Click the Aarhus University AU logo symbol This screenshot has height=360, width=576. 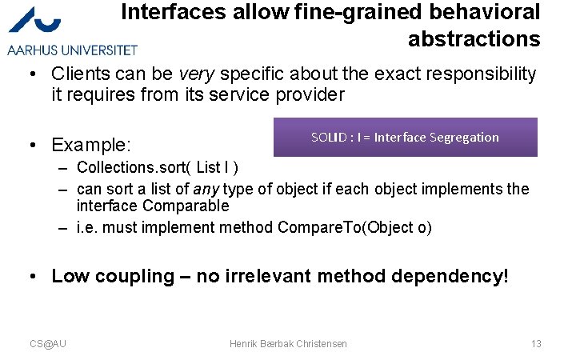(39, 21)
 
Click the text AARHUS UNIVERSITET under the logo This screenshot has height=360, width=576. (72, 50)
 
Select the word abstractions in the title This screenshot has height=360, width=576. (474, 38)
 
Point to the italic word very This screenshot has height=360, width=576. (196, 74)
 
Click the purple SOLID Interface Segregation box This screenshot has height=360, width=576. (405, 137)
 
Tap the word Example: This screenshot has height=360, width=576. (91, 145)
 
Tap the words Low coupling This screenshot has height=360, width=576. (112, 276)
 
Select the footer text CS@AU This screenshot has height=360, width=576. (48, 343)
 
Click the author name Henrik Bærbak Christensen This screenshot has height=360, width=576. (288, 343)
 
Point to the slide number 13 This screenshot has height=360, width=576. (536, 343)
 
